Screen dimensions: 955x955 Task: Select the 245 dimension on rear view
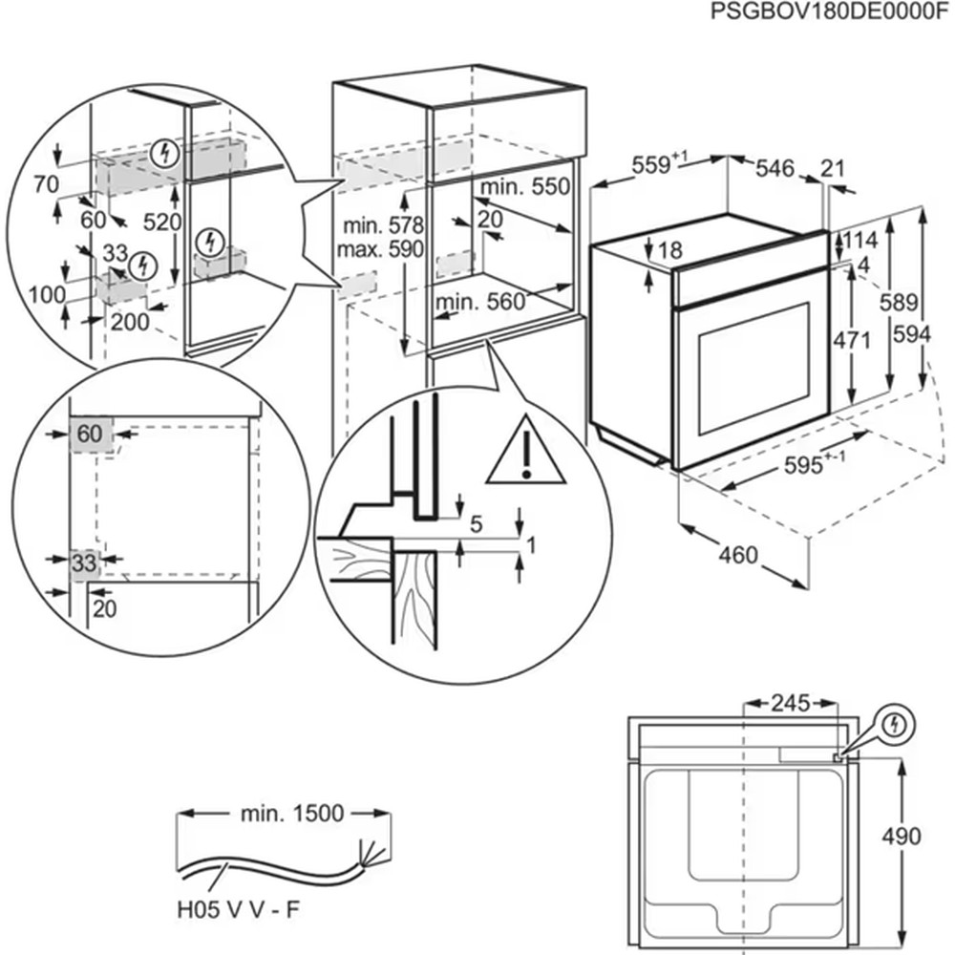click(790, 704)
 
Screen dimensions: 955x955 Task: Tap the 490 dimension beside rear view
click(901, 836)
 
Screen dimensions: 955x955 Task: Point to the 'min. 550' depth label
click(524, 186)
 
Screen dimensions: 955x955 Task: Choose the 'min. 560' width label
click(480, 303)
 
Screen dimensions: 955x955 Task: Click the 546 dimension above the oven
click(775, 169)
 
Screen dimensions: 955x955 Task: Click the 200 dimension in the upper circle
click(130, 322)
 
